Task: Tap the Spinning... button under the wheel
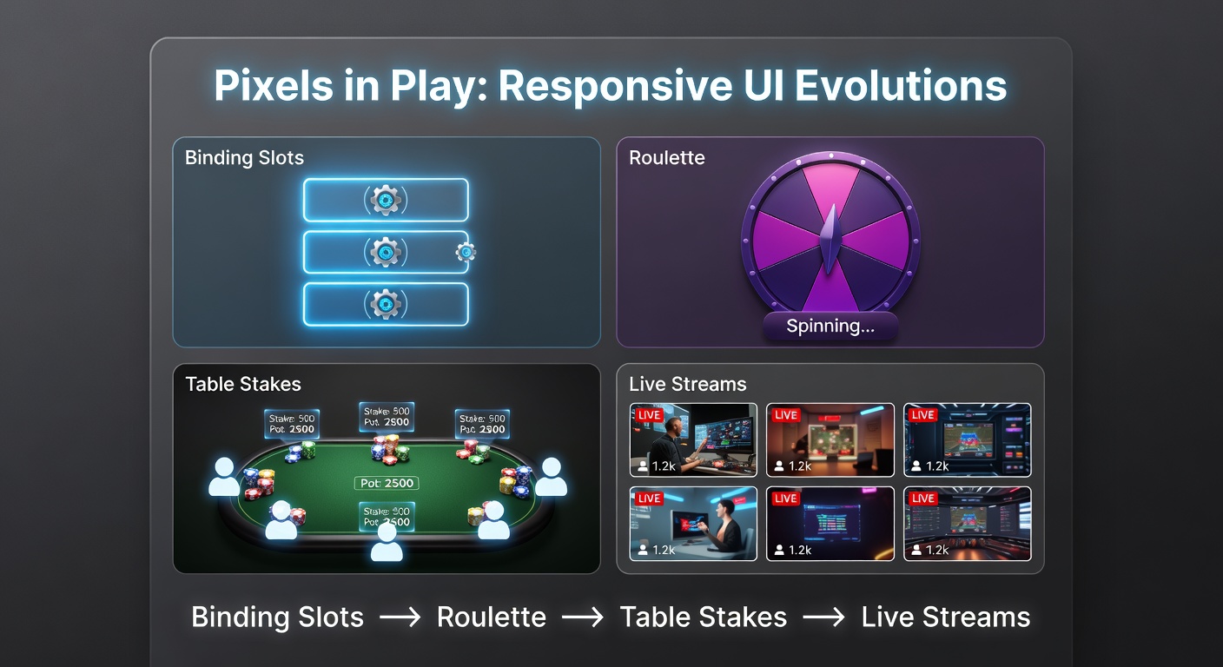tap(830, 327)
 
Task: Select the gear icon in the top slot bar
tap(385, 200)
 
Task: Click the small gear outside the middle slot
tap(466, 253)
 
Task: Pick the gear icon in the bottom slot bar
tap(385, 304)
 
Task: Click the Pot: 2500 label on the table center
tap(387, 483)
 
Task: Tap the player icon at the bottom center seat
tap(387, 542)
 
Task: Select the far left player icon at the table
tap(224, 477)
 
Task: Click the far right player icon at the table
tap(551, 477)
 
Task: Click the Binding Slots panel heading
tap(244, 158)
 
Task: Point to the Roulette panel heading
tap(666, 158)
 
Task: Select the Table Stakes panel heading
tap(242, 384)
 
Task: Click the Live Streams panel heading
tap(687, 384)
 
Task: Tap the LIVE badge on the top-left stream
tap(649, 415)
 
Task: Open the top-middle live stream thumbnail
tap(830, 439)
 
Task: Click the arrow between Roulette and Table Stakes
tap(583, 617)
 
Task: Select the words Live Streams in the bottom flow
tap(945, 617)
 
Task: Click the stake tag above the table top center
tap(387, 417)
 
